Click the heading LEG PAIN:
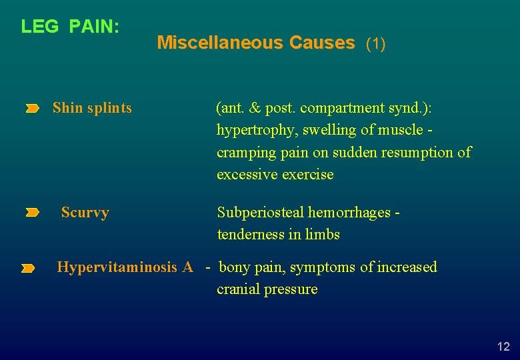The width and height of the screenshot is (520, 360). tap(70, 27)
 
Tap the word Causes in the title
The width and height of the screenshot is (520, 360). tap(322, 43)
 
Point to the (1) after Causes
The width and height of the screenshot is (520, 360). tap(376, 44)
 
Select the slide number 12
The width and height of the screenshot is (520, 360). tap(503, 346)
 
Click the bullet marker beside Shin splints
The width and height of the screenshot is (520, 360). tap(33, 109)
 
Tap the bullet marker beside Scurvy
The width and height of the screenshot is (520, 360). tap(33, 213)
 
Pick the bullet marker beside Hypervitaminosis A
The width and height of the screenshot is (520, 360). tap(27, 269)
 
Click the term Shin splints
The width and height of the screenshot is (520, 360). tap(92, 108)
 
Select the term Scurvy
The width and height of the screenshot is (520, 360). tap(85, 213)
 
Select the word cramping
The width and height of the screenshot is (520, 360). tap(243, 153)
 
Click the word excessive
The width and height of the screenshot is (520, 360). tap(247, 175)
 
